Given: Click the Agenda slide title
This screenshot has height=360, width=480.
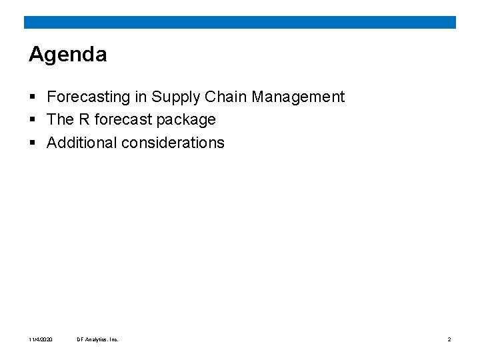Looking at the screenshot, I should click(x=67, y=55).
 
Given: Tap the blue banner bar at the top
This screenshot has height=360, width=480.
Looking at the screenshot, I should click(x=240, y=22).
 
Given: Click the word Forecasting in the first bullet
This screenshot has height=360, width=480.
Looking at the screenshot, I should click(x=89, y=97).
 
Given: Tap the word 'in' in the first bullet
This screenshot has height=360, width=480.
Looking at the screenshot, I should click(x=141, y=97).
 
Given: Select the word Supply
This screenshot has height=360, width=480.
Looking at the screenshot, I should click(x=176, y=97).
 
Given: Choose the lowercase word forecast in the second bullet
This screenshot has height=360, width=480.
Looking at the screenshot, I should click(x=123, y=120).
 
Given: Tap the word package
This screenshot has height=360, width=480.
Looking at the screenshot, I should click(x=186, y=120).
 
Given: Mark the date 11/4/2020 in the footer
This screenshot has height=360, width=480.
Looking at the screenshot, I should click(x=41, y=339).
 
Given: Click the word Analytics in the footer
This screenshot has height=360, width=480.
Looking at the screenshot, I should click(x=96, y=339).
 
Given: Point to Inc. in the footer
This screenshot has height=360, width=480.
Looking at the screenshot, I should click(x=113, y=339).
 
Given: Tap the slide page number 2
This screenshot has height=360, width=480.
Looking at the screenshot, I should click(x=449, y=339).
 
